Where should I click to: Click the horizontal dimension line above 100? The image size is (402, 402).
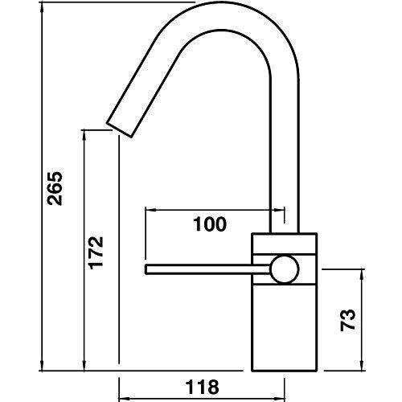213,210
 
